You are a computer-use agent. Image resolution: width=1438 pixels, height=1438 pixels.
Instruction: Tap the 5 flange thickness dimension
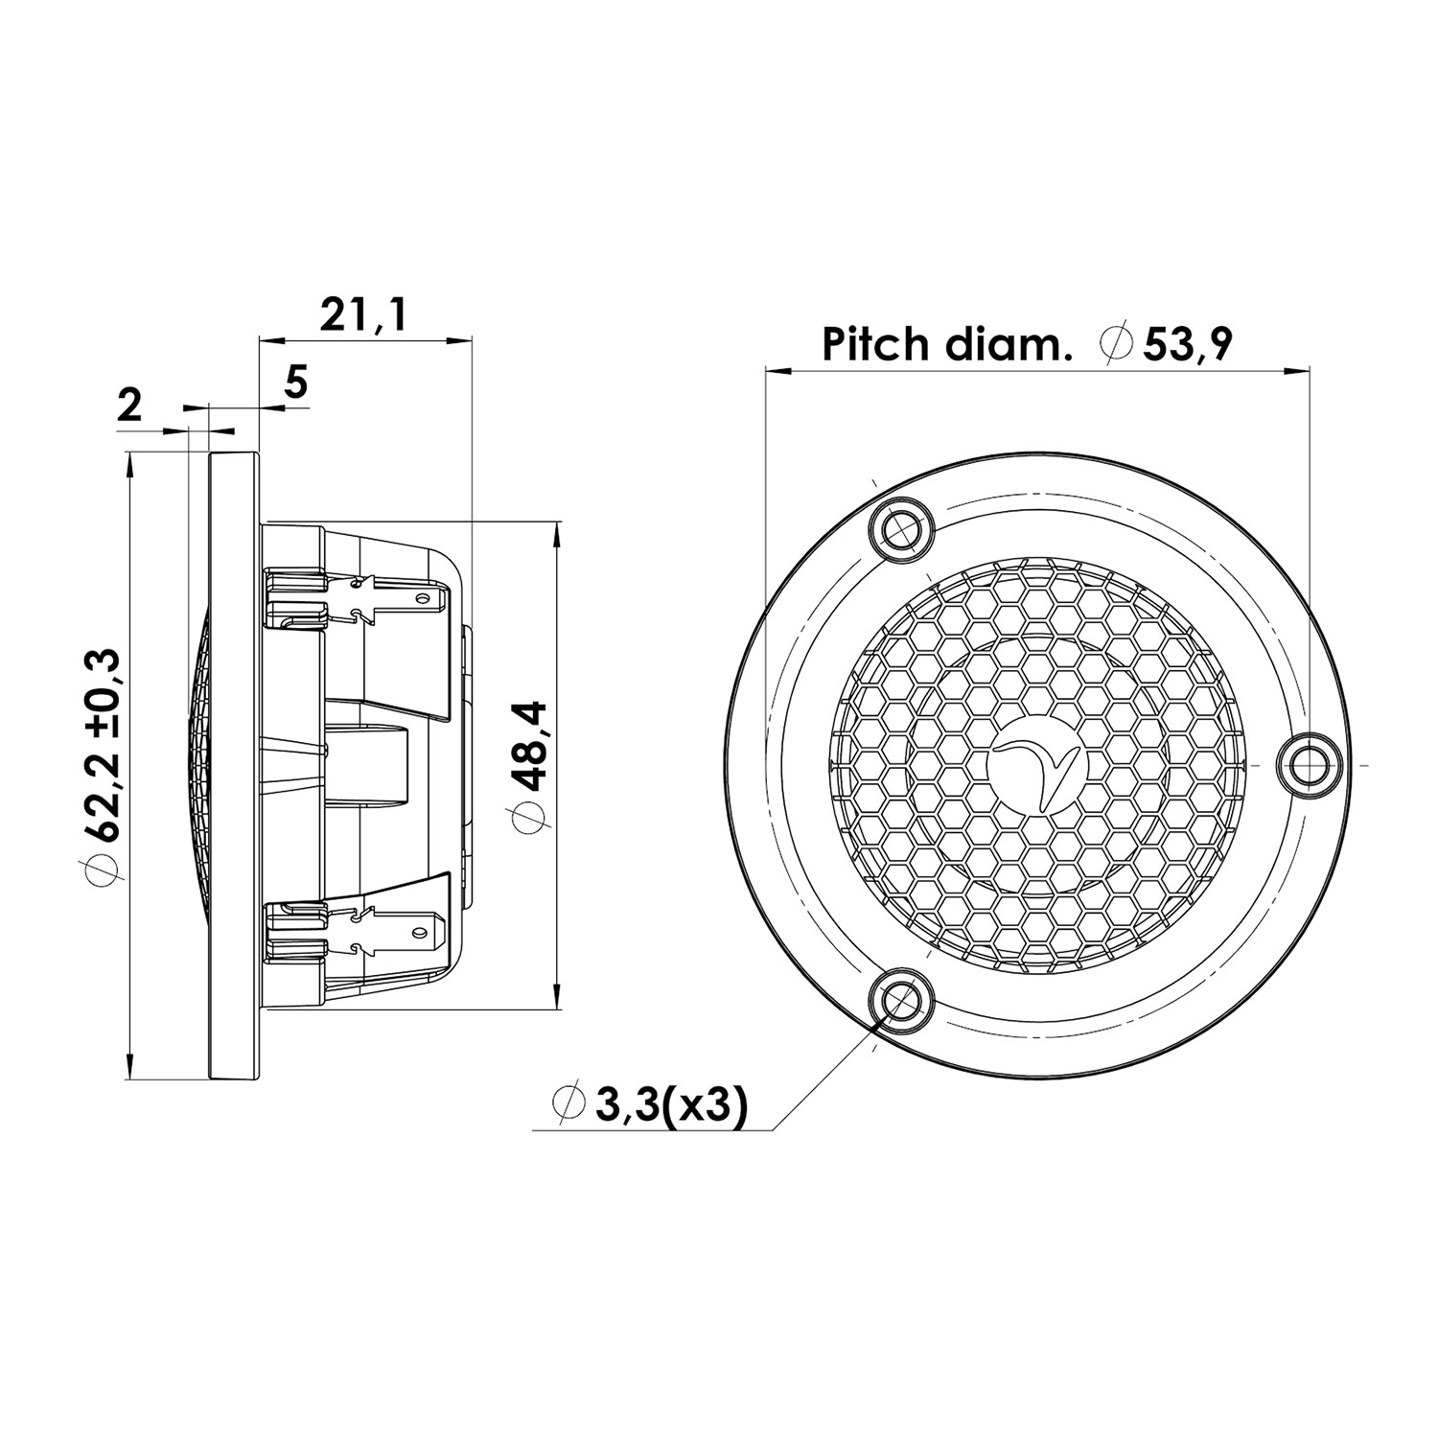point(295,383)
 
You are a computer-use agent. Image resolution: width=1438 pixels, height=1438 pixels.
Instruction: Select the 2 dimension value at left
point(128,406)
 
